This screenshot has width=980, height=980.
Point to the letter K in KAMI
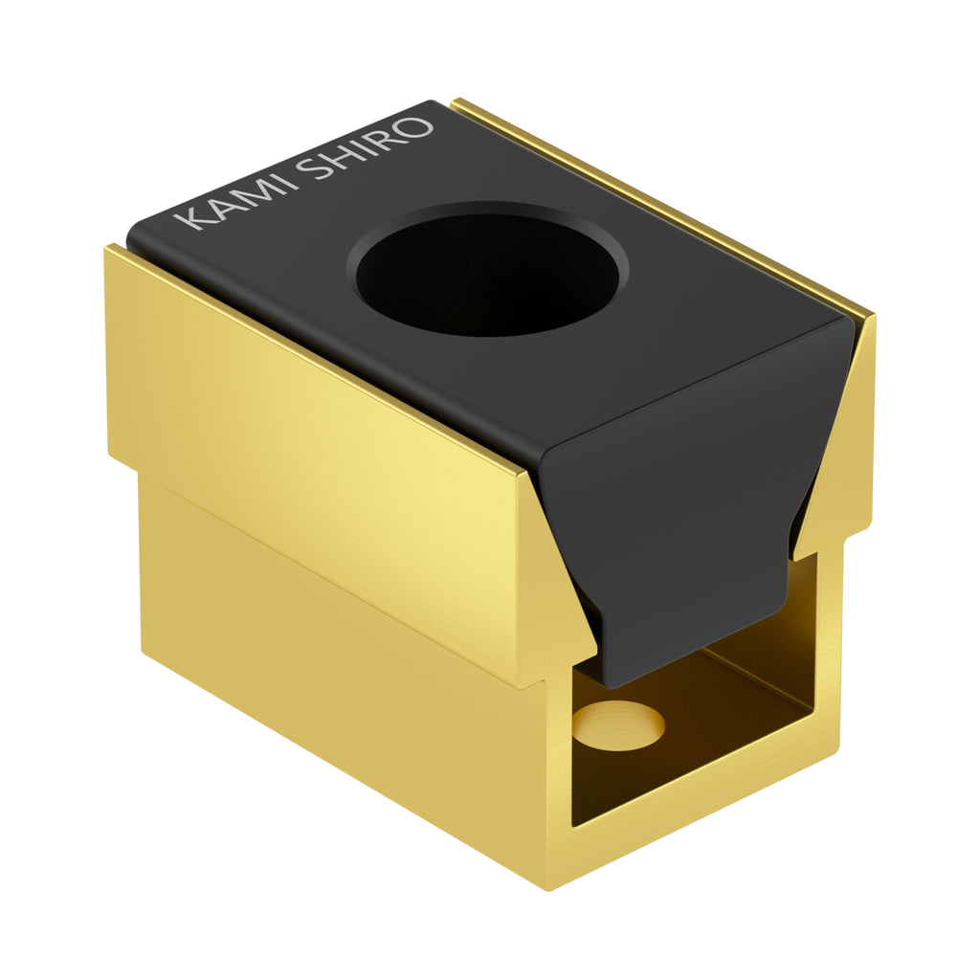pyautogui.click(x=191, y=220)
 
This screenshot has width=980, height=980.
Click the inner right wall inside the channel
pyautogui.click(x=804, y=612)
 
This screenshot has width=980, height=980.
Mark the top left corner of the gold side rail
pyautogui.click(x=108, y=249)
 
